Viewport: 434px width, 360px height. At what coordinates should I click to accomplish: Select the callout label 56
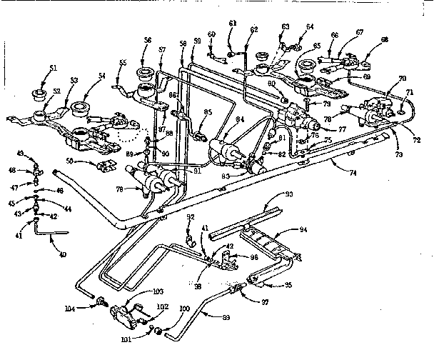(x=147, y=41)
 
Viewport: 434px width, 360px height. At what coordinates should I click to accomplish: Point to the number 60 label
(x=211, y=34)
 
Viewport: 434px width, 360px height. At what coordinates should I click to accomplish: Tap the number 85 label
(x=208, y=112)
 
